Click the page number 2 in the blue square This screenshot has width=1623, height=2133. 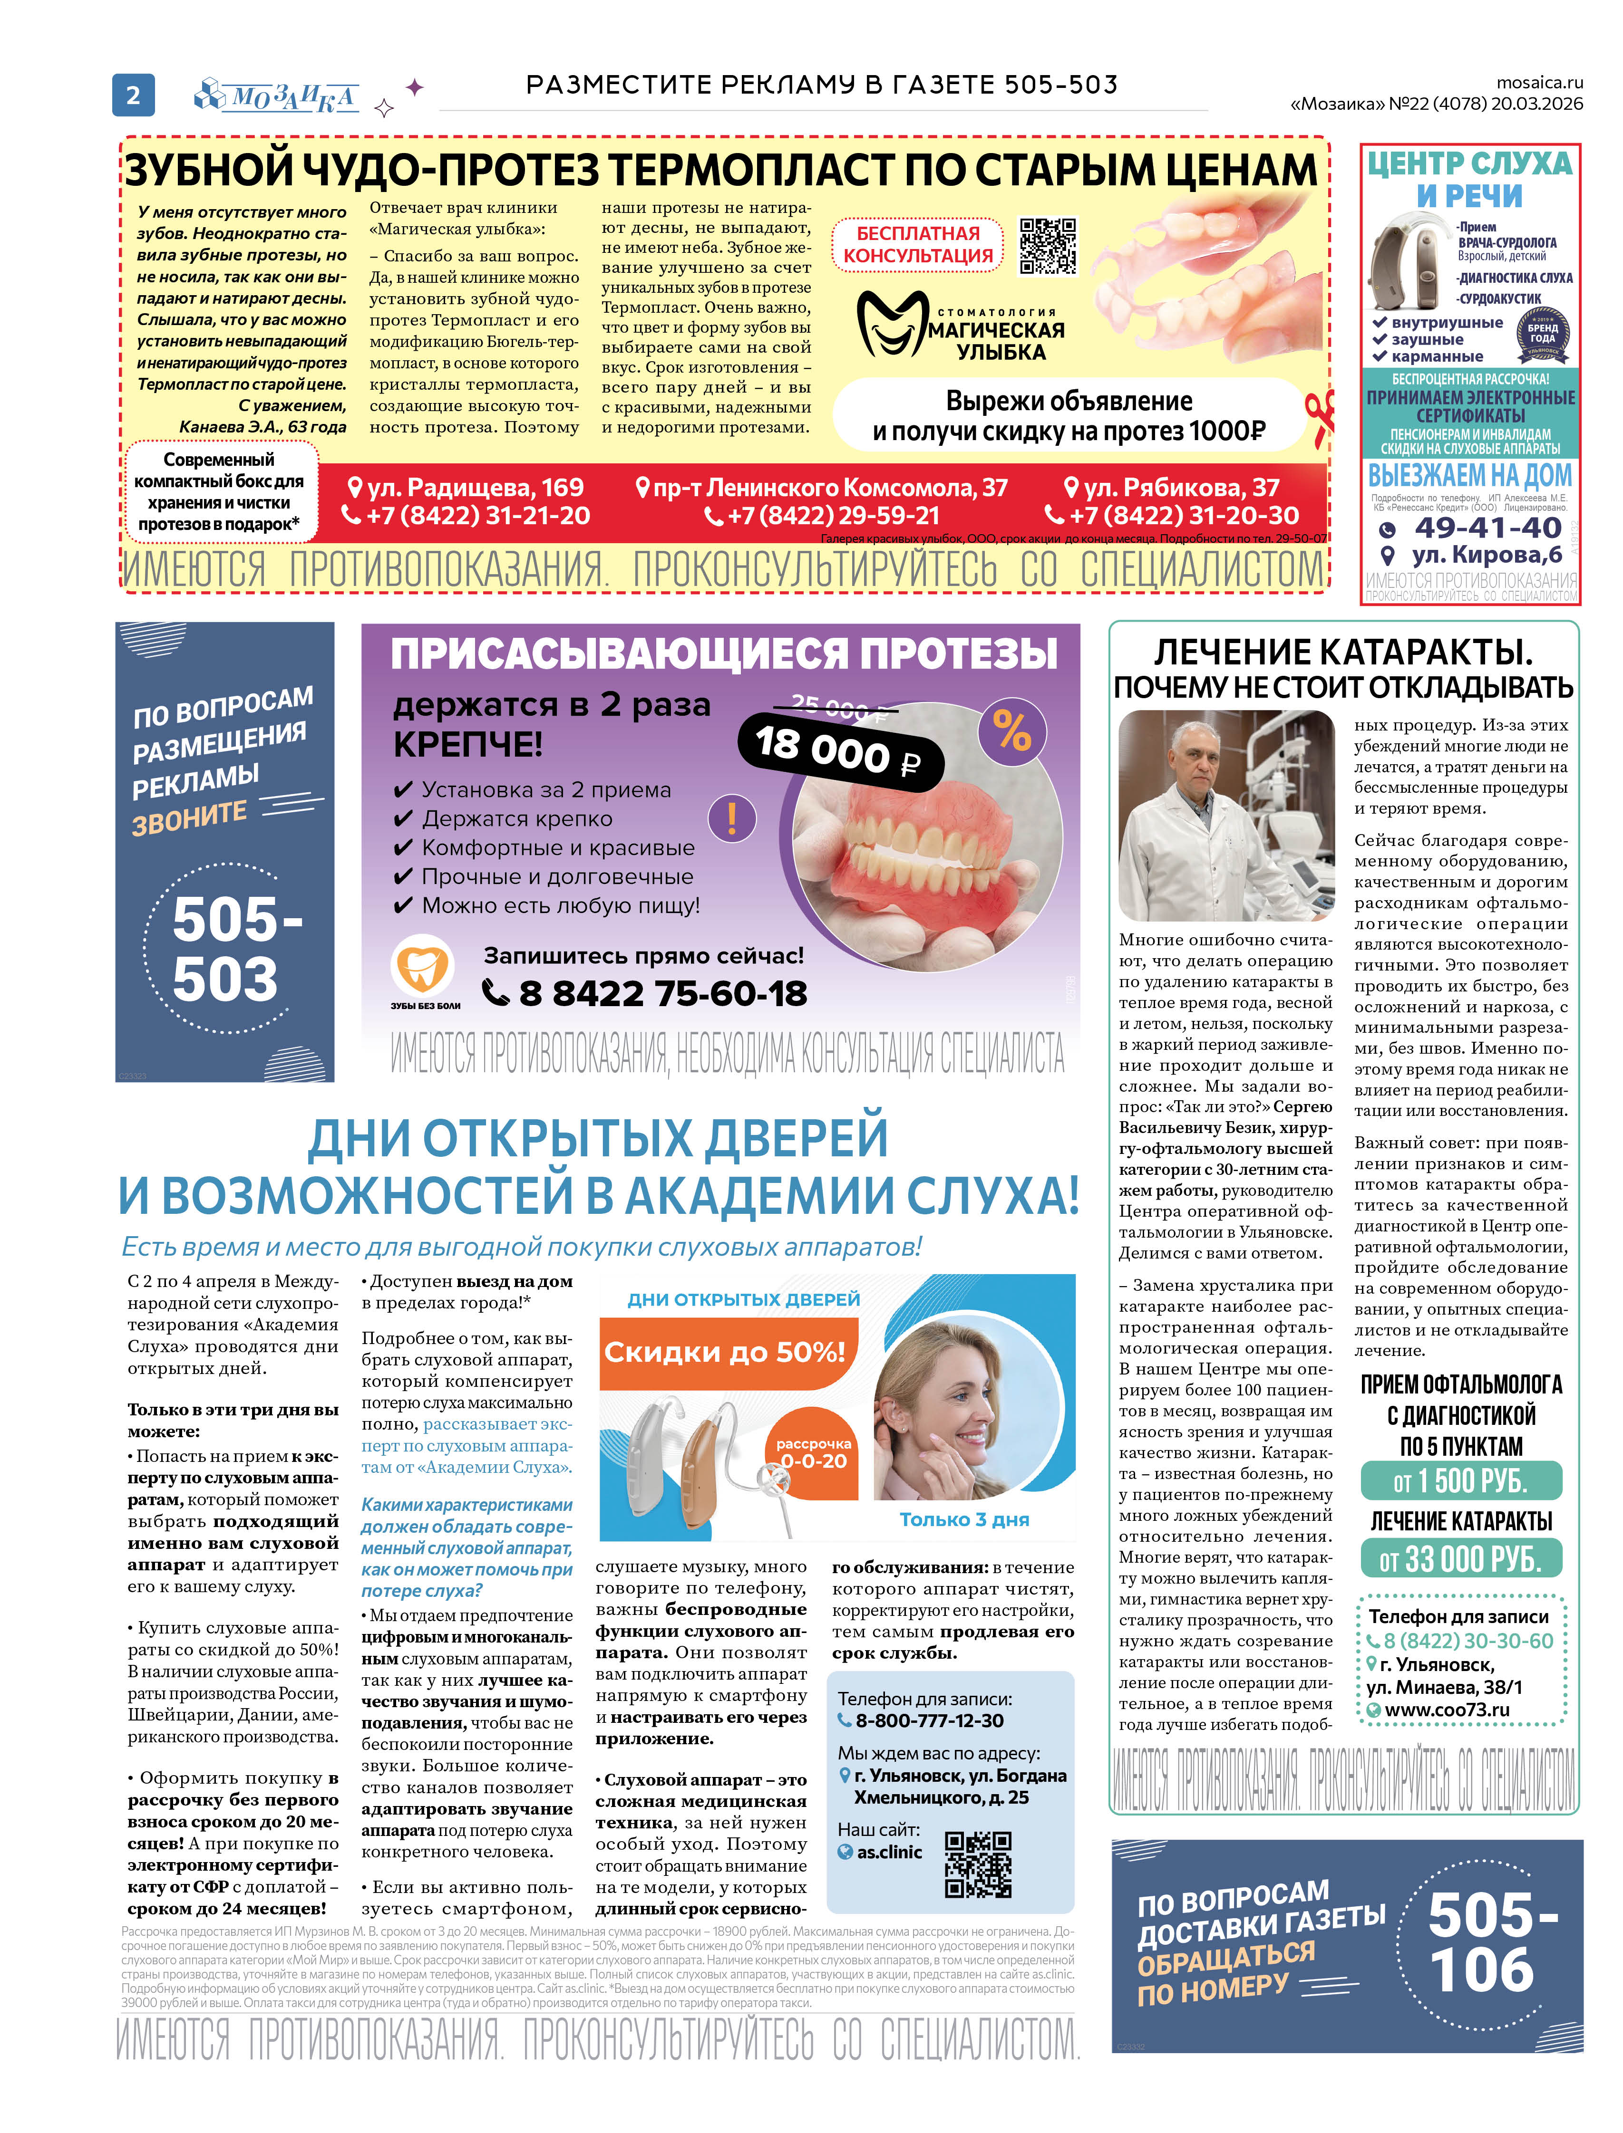click(x=133, y=95)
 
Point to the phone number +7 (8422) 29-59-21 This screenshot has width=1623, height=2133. click(x=822, y=516)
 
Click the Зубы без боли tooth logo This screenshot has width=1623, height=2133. click(x=422, y=966)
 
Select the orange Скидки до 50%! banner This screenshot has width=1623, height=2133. click(x=725, y=1352)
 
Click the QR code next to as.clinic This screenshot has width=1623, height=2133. click(x=978, y=1865)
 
